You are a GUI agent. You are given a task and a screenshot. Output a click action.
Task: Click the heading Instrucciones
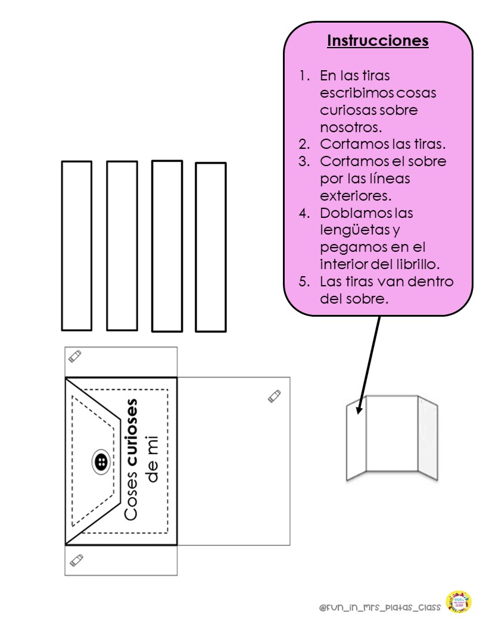coord(378,41)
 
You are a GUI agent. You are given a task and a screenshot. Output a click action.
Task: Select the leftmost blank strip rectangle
coord(77,245)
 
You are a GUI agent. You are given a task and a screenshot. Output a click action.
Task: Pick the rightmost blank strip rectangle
coord(211,246)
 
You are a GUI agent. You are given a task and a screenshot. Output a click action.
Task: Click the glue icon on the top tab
coord(74,356)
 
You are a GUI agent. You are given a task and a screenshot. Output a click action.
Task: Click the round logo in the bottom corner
coord(459,602)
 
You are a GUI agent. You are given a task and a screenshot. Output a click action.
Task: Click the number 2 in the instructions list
coord(304,144)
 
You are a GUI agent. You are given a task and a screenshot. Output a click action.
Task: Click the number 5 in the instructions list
coord(304,282)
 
